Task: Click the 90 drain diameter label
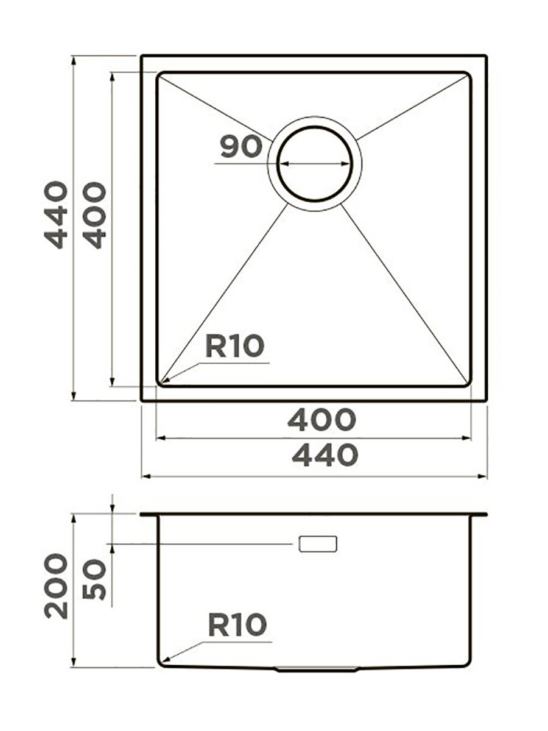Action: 241,147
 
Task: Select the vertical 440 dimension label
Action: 56,215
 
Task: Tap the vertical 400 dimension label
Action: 94,216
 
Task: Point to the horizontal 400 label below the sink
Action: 321,420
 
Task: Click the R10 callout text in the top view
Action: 235,347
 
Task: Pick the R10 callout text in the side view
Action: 237,625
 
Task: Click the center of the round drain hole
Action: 315,164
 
